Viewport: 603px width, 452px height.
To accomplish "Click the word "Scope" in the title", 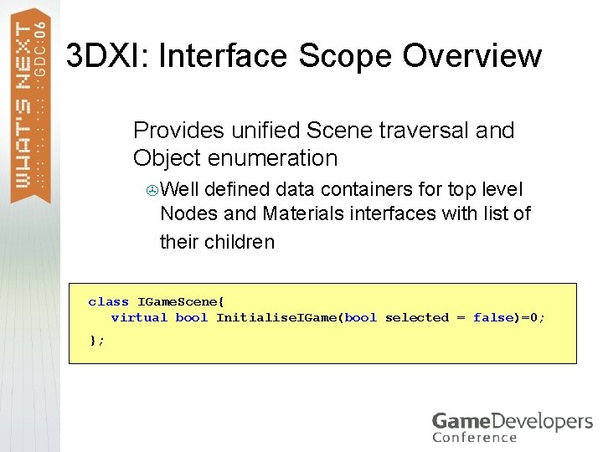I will pyautogui.click(x=343, y=56).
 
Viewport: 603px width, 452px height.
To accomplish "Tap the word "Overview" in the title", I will pyautogui.click(x=472, y=56).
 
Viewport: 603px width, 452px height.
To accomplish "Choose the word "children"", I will pyautogui.click(x=239, y=242).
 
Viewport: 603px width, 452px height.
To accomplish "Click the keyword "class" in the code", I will pyautogui.click(x=108, y=301).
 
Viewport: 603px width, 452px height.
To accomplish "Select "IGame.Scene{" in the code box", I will pyautogui.click(x=181, y=301).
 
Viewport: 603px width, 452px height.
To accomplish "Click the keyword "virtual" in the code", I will pyautogui.click(x=139, y=317).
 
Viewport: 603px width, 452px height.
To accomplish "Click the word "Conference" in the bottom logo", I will pyautogui.click(x=474, y=437).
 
